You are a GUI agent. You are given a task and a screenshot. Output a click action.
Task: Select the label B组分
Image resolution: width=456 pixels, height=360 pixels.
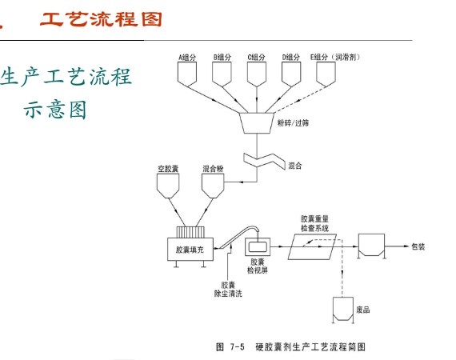222,57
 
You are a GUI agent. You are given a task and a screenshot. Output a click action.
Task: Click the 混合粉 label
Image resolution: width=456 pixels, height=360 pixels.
212,169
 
